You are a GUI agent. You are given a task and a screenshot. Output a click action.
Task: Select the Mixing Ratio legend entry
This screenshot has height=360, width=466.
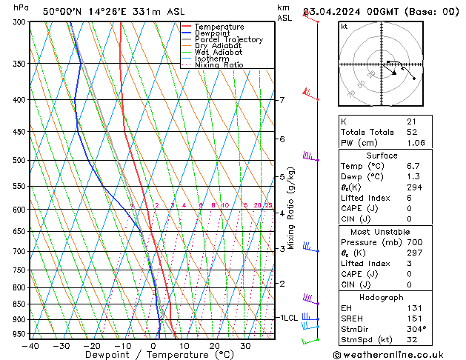pyautogui.click(x=219, y=65)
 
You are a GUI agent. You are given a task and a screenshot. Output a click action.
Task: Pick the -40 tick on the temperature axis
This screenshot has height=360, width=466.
pyautogui.click(x=30, y=346)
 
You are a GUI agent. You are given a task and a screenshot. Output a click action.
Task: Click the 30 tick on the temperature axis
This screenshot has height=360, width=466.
pyautogui.click(x=244, y=346)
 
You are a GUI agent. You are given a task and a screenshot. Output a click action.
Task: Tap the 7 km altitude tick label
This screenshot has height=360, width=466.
pyautogui.click(x=282, y=100)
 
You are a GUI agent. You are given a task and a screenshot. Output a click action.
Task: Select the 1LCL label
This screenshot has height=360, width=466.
pyautogui.click(x=287, y=317)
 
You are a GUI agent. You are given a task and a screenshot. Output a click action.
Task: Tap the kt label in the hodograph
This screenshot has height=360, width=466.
pyautogui.click(x=344, y=26)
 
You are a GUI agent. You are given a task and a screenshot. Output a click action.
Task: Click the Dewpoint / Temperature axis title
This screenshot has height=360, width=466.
pyautogui.click(x=139, y=356)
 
